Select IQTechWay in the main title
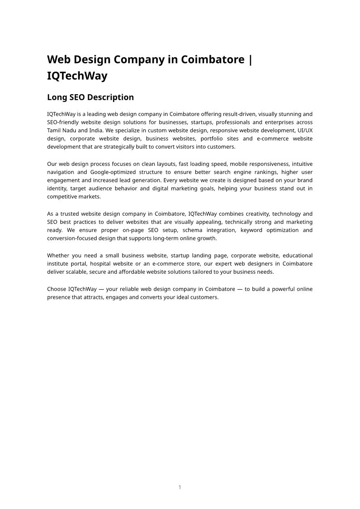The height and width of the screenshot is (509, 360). [77, 76]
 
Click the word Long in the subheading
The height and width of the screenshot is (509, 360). [57, 97]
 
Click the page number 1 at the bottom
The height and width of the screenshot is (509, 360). [180, 487]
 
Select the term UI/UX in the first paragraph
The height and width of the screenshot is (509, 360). [305, 131]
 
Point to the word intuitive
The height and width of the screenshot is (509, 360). [302, 164]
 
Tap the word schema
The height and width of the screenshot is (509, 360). [193, 230]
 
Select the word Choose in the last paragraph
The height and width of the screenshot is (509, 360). [56, 289]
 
